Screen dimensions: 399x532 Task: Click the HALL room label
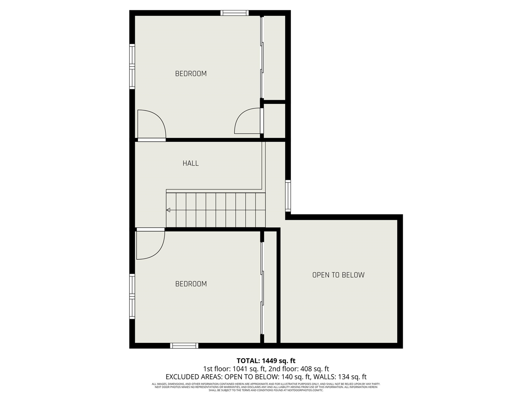point(190,163)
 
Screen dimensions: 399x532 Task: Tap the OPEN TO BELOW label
point(338,275)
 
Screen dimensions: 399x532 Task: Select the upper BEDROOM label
point(191,74)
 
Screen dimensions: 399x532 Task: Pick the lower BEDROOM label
point(191,284)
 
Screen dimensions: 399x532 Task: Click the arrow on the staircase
point(168,210)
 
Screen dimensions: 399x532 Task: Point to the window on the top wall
point(234,13)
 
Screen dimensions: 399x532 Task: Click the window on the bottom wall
point(184,345)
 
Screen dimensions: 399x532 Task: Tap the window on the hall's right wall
point(288,195)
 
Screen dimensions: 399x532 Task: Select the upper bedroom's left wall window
point(132,66)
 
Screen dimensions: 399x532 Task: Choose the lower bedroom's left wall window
point(132,296)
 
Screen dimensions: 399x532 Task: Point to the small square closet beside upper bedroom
point(275,121)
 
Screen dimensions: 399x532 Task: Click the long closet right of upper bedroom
point(275,57)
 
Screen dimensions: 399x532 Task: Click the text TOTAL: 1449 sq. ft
point(266,361)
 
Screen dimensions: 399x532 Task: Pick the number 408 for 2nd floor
point(308,369)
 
